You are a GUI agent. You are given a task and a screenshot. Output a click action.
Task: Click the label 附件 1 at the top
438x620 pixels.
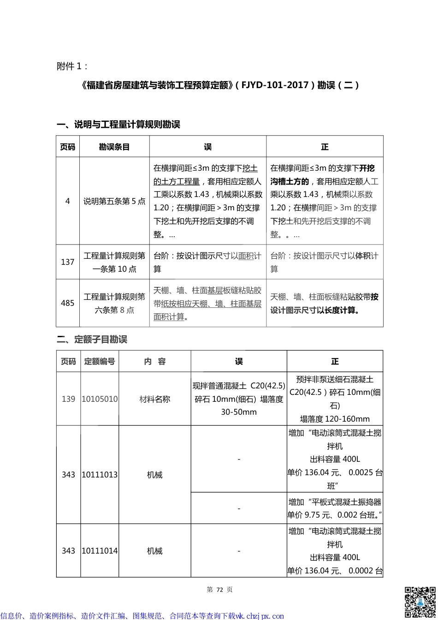click(x=72, y=66)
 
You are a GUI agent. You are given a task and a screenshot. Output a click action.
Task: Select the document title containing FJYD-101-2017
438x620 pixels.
click(x=219, y=85)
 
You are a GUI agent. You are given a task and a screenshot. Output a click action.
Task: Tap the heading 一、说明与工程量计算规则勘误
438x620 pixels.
click(x=118, y=125)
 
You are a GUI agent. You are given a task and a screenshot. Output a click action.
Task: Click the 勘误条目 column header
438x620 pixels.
click(x=114, y=147)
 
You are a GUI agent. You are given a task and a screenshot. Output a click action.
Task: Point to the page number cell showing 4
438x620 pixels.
click(x=68, y=201)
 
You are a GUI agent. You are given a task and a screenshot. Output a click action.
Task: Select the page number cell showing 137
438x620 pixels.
click(x=68, y=262)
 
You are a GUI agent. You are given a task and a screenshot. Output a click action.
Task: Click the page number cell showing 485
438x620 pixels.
click(x=68, y=303)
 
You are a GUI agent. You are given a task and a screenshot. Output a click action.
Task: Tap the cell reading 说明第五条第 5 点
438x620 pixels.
click(x=114, y=201)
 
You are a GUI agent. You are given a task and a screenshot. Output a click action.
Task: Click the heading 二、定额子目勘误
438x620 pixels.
click(x=92, y=340)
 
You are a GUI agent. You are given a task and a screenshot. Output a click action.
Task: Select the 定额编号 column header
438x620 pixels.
click(x=100, y=362)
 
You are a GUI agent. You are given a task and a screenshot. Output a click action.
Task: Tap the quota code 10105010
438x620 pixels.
click(x=100, y=399)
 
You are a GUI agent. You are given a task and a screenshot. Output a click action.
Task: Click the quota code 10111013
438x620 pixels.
click(x=100, y=475)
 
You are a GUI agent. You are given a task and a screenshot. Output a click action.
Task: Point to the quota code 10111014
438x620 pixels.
click(x=100, y=551)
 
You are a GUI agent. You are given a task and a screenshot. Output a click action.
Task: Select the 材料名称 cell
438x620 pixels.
click(x=155, y=399)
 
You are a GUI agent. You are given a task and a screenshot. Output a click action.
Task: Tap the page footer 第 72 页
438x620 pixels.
click(x=219, y=590)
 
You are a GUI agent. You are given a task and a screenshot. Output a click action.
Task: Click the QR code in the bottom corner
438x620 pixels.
click(x=420, y=602)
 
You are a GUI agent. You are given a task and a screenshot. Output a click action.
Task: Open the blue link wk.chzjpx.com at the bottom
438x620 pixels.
click(x=260, y=616)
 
